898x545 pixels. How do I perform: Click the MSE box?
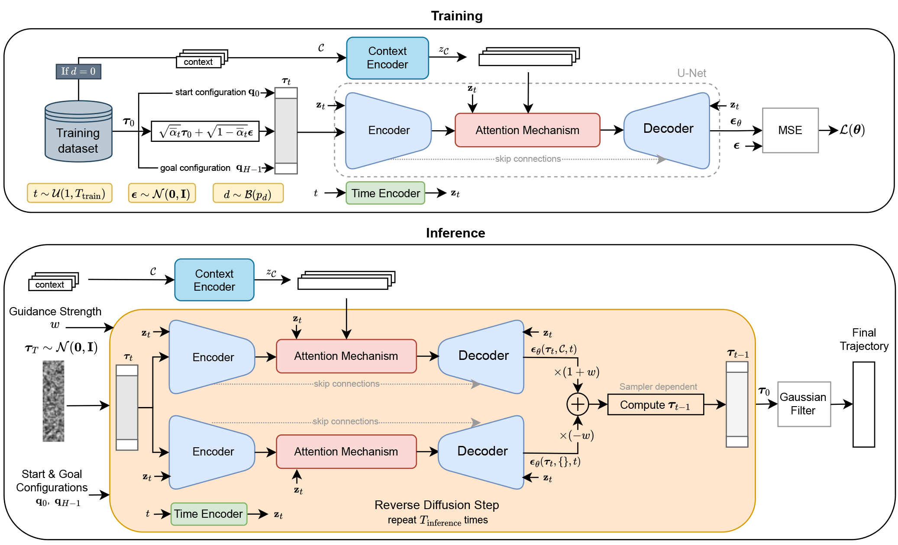(x=790, y=130)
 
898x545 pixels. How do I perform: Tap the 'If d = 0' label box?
(x=78, y=71)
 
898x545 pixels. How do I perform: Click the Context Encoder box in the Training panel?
(x=387, y=58)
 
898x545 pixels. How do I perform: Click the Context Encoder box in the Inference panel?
(x=214, y=280)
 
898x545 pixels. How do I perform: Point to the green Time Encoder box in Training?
(x=385, y=193)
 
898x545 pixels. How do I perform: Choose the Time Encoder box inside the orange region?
(x=209, y=514)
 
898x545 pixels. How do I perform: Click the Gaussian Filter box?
(x=804, y=404)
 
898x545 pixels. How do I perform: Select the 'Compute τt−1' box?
(x=655, y=405)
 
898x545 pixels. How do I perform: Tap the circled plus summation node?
(x=578, y=404)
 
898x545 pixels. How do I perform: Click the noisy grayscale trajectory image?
(x=53, y=401)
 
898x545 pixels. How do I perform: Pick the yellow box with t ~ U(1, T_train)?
(x=69, y=193)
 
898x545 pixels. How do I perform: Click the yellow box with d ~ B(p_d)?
(x=248, y=193)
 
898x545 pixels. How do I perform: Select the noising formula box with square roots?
(x=205, y=131)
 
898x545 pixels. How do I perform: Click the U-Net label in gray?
(x=691, y=73)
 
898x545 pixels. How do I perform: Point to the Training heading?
(x=456, y=16)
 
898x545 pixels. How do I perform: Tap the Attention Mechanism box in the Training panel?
(x=527, y=130)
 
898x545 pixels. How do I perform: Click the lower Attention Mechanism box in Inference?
(x=346, y=452)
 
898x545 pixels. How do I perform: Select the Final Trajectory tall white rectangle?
(x=863, y=404)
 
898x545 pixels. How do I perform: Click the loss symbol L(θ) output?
(x=852, y=130)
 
